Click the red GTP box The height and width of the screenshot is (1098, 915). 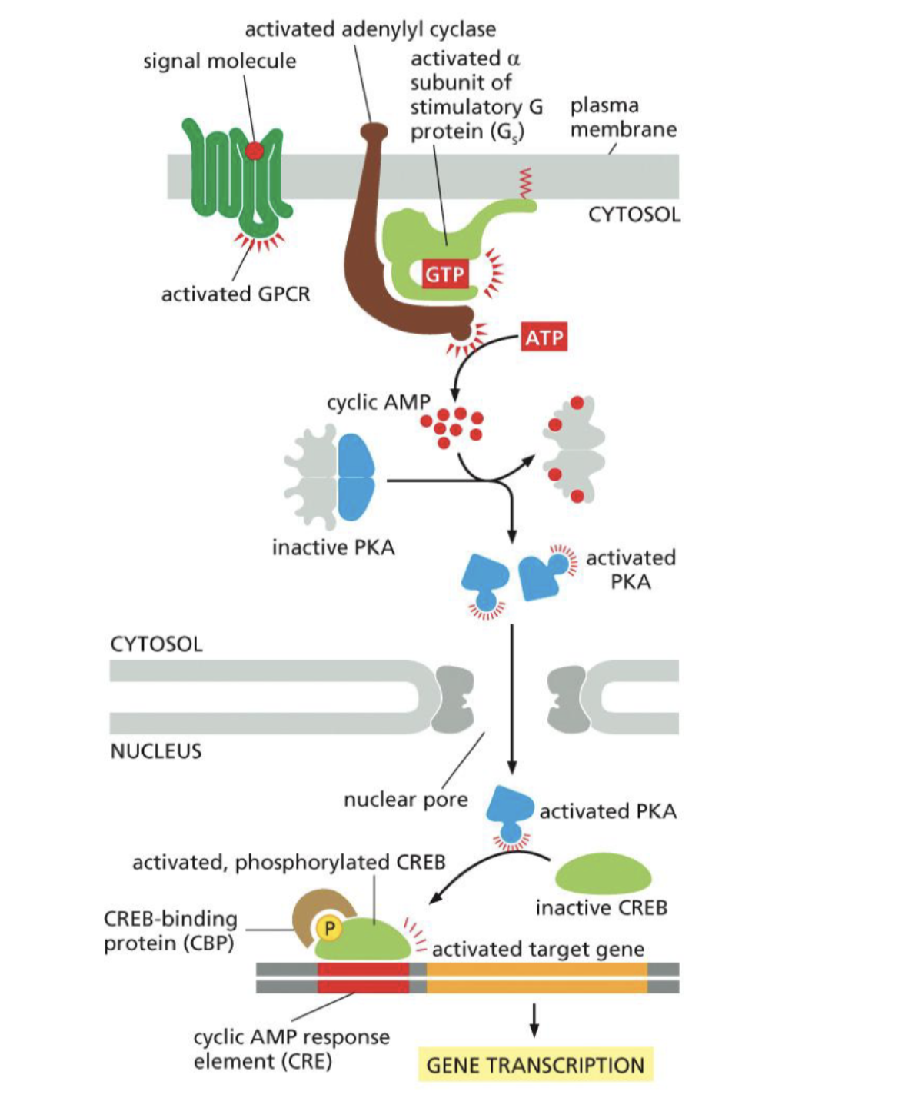pyautogui.click(x=444, y=274)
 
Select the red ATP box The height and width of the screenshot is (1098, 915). pyautogui.click(x=544, y=337)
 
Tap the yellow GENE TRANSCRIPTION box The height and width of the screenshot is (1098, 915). pyautogui.click(x=535, y=1065)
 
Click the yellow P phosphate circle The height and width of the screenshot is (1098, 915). pyautogui.click(x=330, y=928)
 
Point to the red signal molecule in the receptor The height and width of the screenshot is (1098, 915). pyautogui.click(x=254, y=151)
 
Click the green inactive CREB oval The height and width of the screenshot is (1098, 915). pyautogui.click(x=603, y=874)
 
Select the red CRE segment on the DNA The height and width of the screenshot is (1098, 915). pyautogui.click(x=363, y=977)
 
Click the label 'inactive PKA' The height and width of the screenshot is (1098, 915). pyautogui.click(x=333, y=547)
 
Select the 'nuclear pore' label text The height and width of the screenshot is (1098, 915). pyautogui.click(x=405, y=800)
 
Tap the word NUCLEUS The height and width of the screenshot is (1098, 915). pyautogui.click(x=156, y=751)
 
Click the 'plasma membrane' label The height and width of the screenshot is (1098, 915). pyautogui.click(x=623, y=117)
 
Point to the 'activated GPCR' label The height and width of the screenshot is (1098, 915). pyautogui.click(x=235, y=294)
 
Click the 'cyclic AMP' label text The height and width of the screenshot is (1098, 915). pyautogui.click(x=378, y=402)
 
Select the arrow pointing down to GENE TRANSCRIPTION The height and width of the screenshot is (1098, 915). pyautogui.click(x=534, y=1020)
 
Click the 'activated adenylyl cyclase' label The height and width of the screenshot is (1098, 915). pyautogui.click(x=370, y=29)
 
